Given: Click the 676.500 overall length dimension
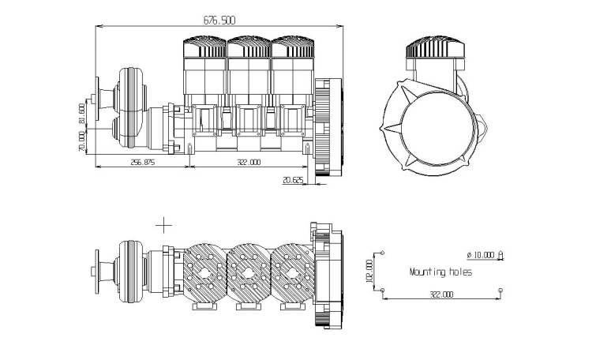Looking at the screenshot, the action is click(219, 20).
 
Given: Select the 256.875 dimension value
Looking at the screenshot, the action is click(143, 162).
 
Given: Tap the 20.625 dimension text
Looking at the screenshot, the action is click(293, 180).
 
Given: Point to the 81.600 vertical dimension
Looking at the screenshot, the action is click(81, 113).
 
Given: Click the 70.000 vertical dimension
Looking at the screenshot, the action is click(81, 142).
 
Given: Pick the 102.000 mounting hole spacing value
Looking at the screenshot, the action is click(369, 271).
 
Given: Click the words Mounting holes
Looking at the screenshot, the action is click(440, 272).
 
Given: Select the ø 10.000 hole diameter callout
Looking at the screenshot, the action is click(485, 255).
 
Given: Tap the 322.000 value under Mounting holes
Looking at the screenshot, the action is click(441, 294).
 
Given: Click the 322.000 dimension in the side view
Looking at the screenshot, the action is click(249, 162).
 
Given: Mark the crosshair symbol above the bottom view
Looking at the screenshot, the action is click(164, 225).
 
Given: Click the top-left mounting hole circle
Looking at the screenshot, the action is click(382, 253).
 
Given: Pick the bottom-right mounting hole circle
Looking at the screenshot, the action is click(500, 291).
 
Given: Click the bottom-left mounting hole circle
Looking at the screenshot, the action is click(382, 291).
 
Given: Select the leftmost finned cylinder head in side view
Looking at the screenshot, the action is click(205, 47).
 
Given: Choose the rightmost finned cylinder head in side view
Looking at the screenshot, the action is click(293, 47).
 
